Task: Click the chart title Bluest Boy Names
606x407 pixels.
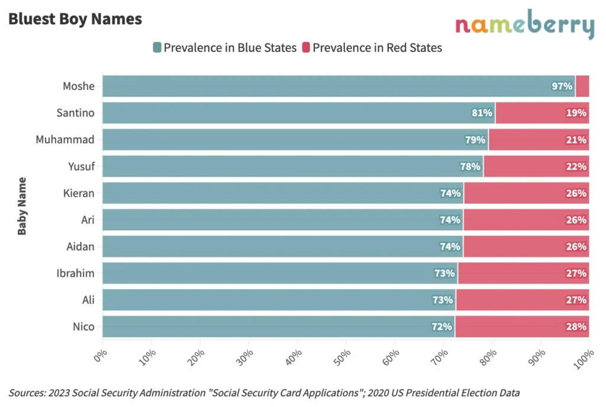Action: (x=75, y=19)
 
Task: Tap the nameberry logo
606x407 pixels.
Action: (x=524, y=25)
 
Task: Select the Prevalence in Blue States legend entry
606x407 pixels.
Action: (x=224, y=48)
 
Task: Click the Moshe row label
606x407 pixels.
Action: (x=79, y=86)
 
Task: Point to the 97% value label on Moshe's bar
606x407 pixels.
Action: (x=561, y=86)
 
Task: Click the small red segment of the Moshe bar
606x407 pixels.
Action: (x=582, y=86)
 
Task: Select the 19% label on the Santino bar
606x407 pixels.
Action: (x=576, y=113)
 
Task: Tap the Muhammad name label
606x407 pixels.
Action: (x=65, y=140)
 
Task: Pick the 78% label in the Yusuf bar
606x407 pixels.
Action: (x=470, y=166)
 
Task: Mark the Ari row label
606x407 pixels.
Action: (x=88, y=220)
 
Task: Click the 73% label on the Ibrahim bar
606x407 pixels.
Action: (x=444, y=273)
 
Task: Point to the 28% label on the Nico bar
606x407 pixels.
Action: (x=576, y=326)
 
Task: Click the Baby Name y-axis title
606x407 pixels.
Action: (x=22, y=206)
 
